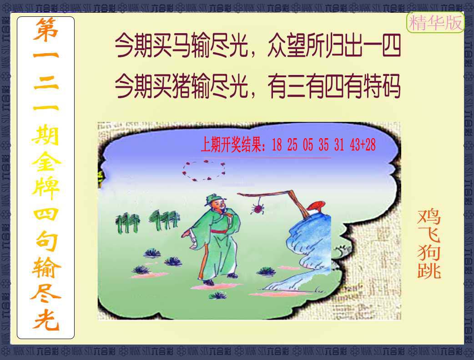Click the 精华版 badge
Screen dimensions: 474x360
click(x=435, y=22)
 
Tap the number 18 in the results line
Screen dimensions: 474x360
click(x=277, y=145)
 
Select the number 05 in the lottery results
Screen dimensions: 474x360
click(x=308, y=145)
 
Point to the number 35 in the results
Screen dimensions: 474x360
click(x=323, y=145)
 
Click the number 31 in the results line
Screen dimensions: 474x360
click(x=339, y=145)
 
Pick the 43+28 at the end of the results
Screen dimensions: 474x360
click(x=363, y=145)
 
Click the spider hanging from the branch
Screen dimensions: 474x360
click(x=257, y=208)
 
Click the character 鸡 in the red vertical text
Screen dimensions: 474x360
click(x=429, y=216)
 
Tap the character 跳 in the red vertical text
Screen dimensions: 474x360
click(x=429, y=270)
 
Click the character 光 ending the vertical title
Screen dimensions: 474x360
click(x=45, y=320)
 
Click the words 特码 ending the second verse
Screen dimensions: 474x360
click(x=382, y=86)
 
